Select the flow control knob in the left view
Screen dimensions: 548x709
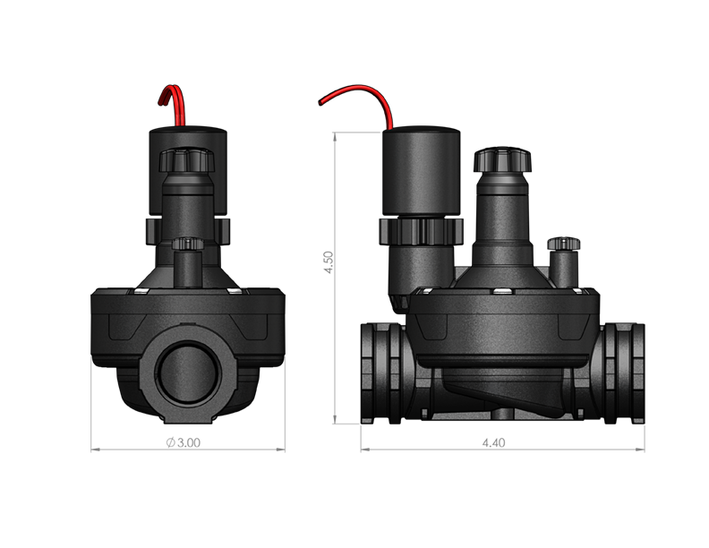point(188,162)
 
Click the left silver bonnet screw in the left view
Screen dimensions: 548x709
point(140,291)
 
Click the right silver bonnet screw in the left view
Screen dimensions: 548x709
point(235,291)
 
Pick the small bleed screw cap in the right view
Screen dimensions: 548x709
point(564,244)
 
